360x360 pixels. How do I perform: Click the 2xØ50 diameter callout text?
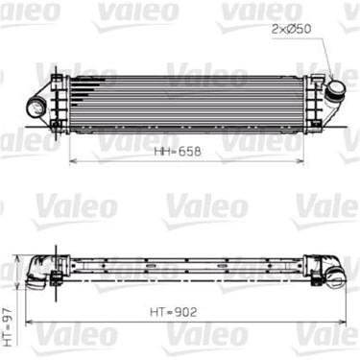(291, 29)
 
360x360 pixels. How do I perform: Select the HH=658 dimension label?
(178, 151)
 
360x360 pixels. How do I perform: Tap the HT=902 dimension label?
(173, 312)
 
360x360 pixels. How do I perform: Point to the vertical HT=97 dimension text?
(11, 327)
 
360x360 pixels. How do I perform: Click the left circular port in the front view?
(36, 107)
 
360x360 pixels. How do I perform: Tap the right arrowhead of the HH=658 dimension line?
(300, 161)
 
